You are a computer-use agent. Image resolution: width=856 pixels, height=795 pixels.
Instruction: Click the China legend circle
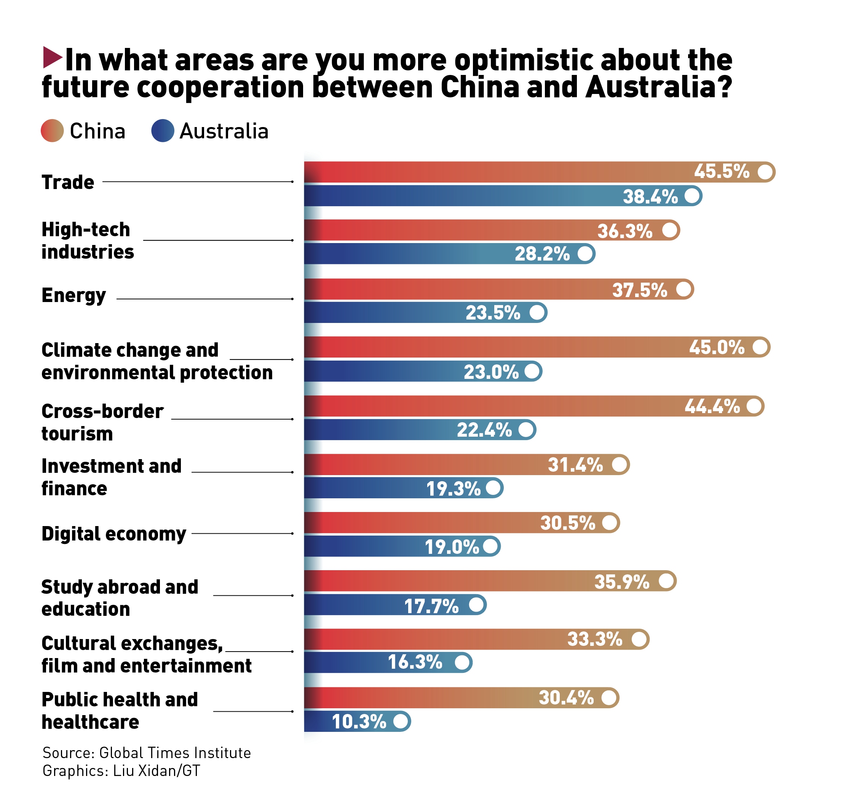tap(52, 130)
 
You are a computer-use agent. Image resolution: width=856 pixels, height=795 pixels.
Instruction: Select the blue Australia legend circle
tap(162, 130)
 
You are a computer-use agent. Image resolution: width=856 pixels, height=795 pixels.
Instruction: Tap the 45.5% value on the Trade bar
tap(721, 172)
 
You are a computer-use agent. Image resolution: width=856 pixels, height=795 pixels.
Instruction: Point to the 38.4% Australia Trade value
tap(650, 197)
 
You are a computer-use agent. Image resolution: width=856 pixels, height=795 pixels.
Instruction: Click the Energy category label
tap(73, 296)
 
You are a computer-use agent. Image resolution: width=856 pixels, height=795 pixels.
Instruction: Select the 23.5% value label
tap(493, 313)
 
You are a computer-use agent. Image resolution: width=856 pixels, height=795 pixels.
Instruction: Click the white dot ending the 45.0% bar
tap(760, 347)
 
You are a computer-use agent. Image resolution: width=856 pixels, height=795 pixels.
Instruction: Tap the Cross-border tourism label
tap(102, 422)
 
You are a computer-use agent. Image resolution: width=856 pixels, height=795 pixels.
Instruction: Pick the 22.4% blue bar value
tap(484, 430)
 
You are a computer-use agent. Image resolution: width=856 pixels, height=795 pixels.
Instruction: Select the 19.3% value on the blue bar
tap(453, 489)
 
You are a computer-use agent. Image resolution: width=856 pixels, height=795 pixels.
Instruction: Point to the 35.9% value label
tap(621, 582)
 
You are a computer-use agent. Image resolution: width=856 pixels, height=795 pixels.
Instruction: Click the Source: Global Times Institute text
tap(146, 752)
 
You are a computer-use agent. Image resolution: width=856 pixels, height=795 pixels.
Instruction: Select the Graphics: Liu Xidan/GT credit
tap(121, 771)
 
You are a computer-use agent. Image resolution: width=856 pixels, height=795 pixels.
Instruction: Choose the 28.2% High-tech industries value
tap(542, 254)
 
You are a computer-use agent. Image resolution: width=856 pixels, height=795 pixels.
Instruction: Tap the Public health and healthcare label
tap(119, 710)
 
